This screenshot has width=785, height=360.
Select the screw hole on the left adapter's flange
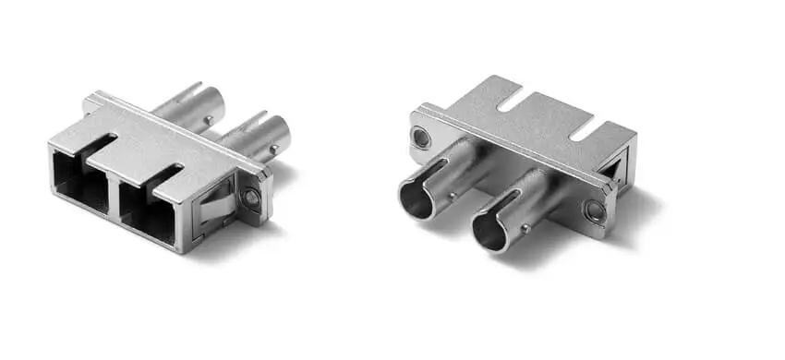[x=251, y=197]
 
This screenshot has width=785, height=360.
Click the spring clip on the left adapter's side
[x=214, y=204]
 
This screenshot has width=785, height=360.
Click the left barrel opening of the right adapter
[x=417, y=198]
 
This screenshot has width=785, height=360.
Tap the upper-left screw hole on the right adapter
[x=420, y=139]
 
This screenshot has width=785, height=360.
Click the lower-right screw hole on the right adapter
[x=595, y=211]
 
